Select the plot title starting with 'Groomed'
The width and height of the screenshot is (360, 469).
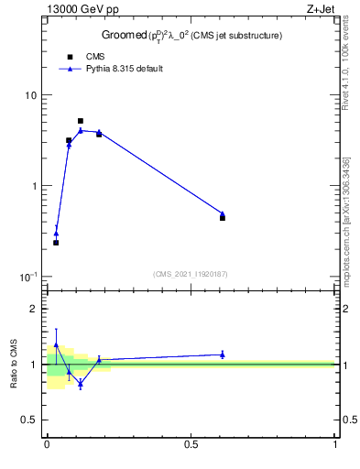click(x=191, y=35)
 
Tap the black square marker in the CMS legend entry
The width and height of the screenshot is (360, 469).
click(x=69, y=57)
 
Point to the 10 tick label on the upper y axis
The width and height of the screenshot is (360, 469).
click(x=30, y=95)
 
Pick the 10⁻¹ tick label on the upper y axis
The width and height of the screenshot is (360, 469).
click(x=28, y=277)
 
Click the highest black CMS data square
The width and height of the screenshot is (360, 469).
click(x=81, y=121)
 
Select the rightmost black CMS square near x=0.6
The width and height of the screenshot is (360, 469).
click(x=223, y=218)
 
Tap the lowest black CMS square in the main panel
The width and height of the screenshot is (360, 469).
click(x=56, y=243)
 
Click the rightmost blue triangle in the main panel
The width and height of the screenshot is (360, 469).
click(x=223, y=213)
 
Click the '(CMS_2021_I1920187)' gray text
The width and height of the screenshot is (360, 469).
click(x=190, y=274)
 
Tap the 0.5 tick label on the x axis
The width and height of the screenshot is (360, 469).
click(x=191, y=444)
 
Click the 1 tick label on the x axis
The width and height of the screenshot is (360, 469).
click(x=335, y=444)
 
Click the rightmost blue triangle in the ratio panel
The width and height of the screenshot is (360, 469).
click(x=223, y=354)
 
